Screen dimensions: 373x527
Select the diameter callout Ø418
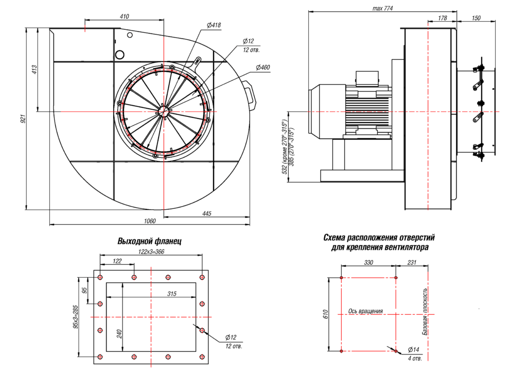click(214, 25)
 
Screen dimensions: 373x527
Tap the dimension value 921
click(23, 120)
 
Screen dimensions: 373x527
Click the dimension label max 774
click(382, 8)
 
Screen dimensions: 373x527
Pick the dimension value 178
click(442, 18)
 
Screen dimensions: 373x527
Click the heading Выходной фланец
click(150, 241)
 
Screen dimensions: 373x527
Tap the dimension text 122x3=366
click(151, 251)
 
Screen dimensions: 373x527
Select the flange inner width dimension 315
click(172, 294)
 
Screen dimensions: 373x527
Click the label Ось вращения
click(365, 311)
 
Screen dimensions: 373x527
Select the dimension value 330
click(368, 262)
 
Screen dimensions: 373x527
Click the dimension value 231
click(412, 262)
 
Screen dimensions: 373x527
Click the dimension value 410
click(124, 16)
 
